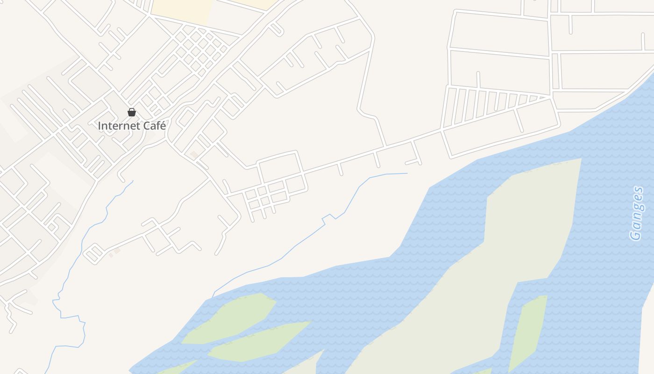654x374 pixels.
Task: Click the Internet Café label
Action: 132,126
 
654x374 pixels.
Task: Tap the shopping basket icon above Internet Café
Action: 132,112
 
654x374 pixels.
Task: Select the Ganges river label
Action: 636,213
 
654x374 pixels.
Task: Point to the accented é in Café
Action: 163,126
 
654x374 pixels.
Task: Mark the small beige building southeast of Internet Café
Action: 193,154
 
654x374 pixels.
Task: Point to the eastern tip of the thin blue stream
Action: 407,173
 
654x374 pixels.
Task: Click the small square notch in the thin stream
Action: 329,217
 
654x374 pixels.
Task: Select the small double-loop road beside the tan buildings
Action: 93,253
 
